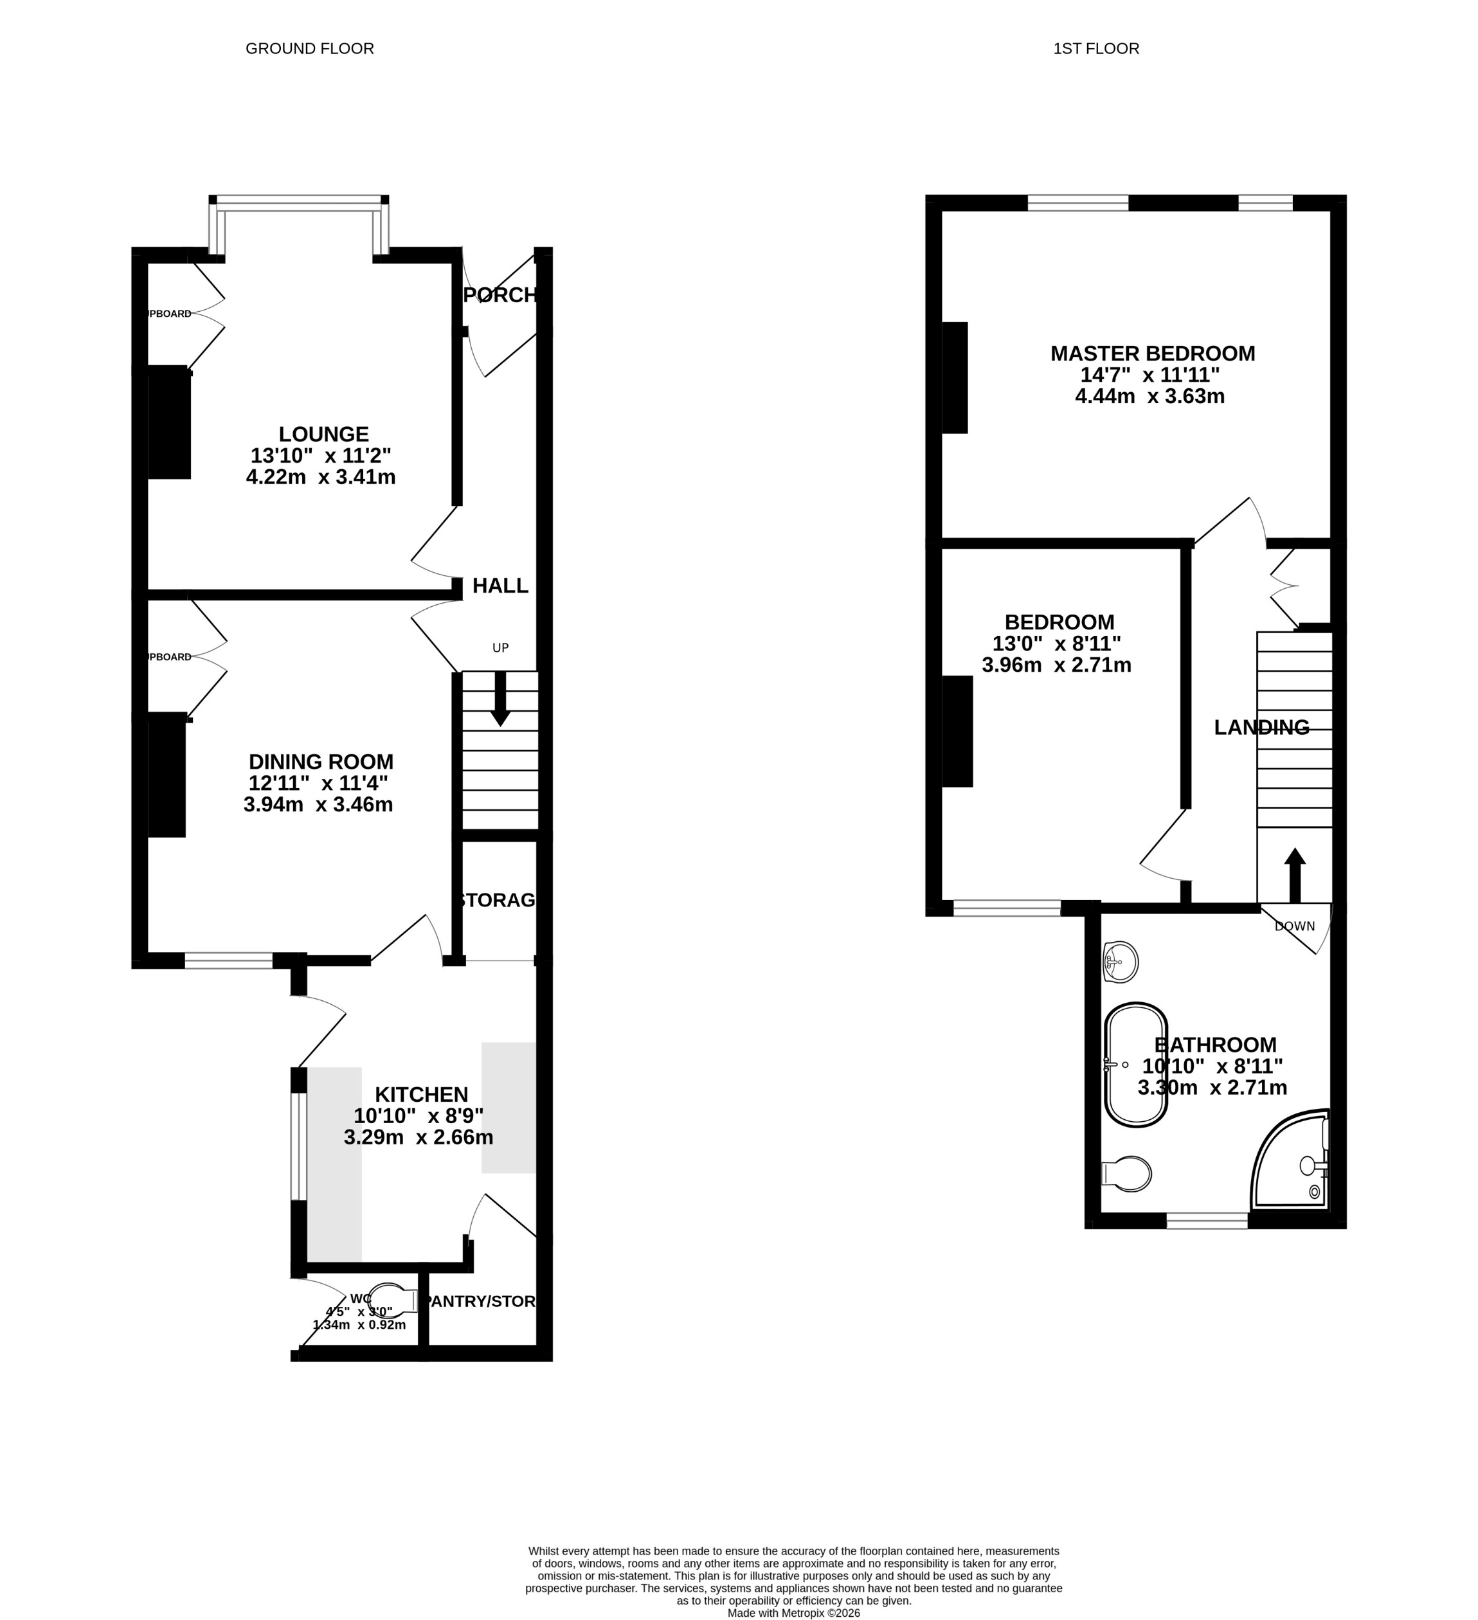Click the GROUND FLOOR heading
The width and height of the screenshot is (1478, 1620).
click(x=309, y=49)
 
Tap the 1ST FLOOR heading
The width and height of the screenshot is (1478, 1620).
click(x=1095, y=49)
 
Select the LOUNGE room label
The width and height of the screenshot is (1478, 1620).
click(x=323, y=434)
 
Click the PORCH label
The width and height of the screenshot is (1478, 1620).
click(x=500, y=295)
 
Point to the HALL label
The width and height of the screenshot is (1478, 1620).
click(x=500, y=586)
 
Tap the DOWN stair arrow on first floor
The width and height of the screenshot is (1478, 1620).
click(x=1294, y=876)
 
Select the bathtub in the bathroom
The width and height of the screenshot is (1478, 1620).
click(x=1135, y=1065)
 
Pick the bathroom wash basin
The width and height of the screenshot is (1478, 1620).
click(x=1119, y=962)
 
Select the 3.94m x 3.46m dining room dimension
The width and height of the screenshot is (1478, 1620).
click(x=318, y=804)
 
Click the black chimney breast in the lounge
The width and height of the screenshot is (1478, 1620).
click(x=169, y=424)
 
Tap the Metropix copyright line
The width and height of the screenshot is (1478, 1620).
click(x=793, y=1613)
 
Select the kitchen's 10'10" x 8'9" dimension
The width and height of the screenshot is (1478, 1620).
click(x=418, y=1115)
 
